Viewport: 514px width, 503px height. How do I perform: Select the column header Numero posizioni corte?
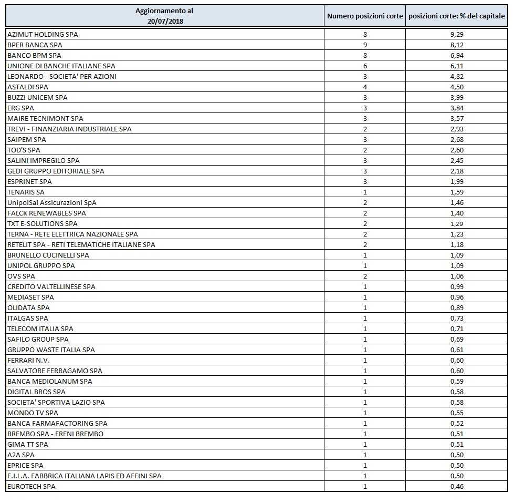tap(365, 16)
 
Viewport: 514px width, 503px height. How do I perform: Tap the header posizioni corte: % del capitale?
tap(457, 16)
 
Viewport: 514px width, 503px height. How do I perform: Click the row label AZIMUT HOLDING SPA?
tap(43, 34)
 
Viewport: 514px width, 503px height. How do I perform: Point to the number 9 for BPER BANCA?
tap(365, 45)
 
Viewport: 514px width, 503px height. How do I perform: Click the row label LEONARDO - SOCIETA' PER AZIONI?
tap(62, 76)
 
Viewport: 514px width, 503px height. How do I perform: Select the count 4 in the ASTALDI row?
tap(365, 87)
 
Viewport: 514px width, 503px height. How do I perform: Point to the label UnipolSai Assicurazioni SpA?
tap(52, 202)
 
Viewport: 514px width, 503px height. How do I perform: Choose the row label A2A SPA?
tap(21, 455)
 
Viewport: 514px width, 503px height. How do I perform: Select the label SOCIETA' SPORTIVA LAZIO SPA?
tap(56, 402)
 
